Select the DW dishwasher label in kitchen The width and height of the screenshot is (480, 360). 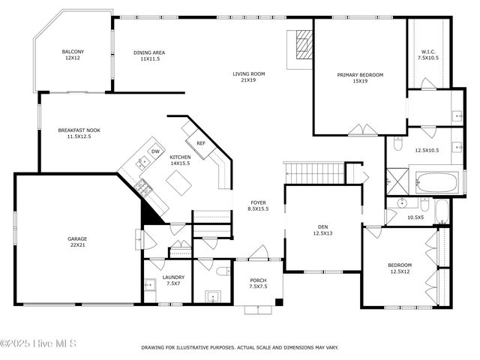(155, 152)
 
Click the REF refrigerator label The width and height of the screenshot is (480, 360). (200, 143)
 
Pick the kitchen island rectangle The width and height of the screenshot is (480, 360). (179, 181)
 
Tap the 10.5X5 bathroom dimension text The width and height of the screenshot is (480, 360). (415, 217)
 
